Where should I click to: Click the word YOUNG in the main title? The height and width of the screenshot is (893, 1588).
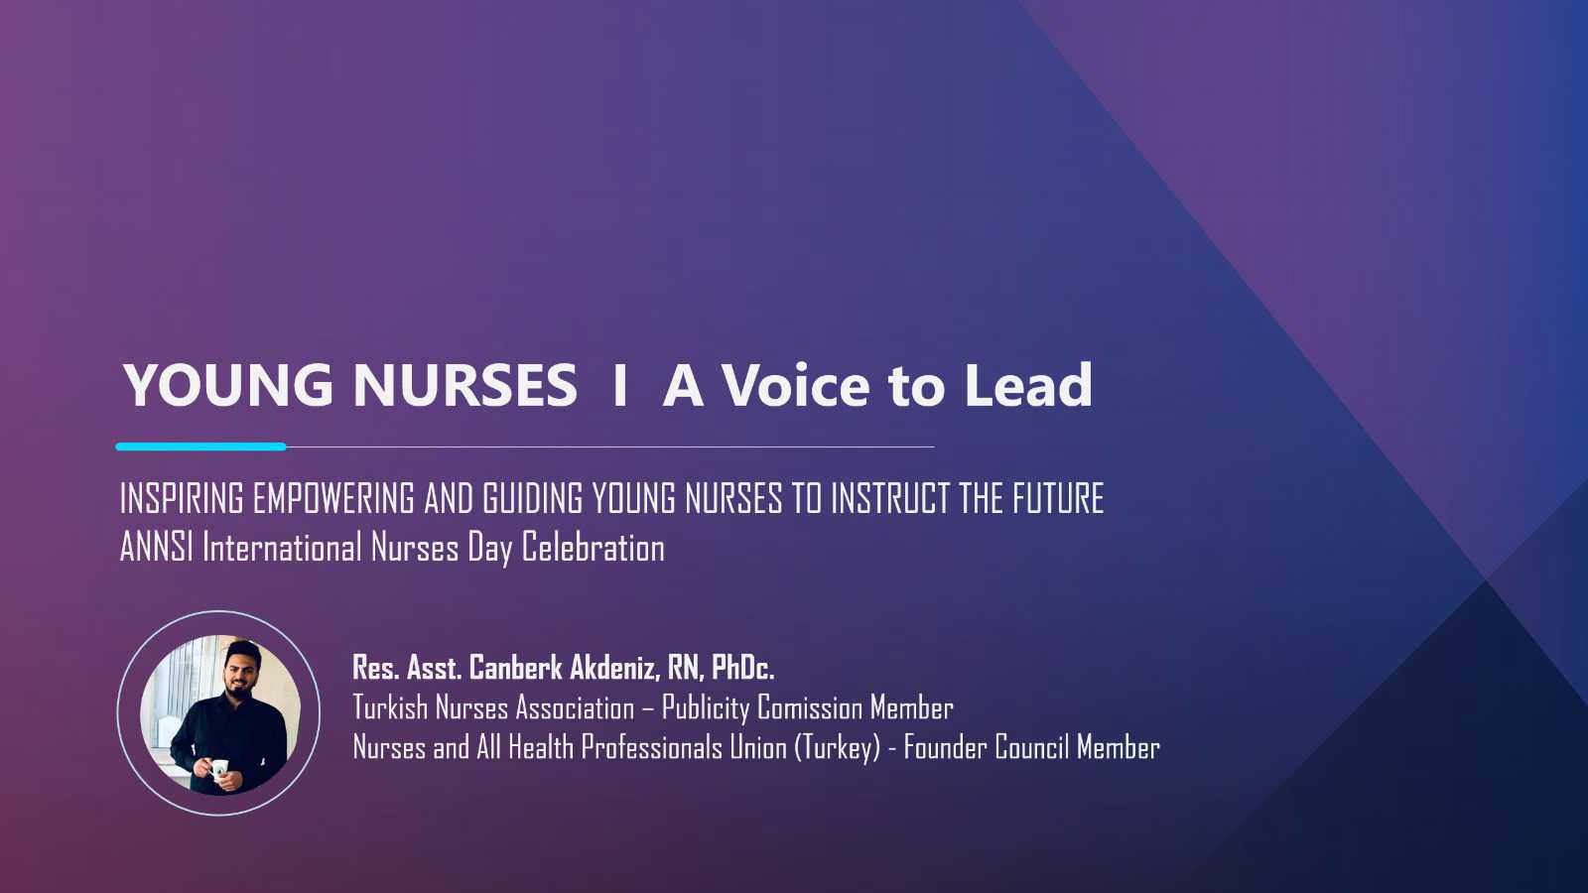coord(228,385)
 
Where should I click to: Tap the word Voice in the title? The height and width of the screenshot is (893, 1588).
coord(795,385)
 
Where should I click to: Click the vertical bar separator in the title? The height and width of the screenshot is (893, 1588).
coord(620,385)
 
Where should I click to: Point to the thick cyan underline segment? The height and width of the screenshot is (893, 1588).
coord(201,446)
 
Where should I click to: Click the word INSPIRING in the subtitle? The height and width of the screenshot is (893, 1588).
coord(183,497)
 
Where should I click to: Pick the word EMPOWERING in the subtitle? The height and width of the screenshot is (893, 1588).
coord(333,497)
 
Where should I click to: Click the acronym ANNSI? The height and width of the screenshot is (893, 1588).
coord(157,547)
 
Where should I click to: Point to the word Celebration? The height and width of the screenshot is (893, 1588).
coord(594,547)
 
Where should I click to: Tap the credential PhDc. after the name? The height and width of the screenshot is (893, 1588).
coord(743,668)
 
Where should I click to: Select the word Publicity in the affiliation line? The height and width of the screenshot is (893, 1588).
coord(705,708)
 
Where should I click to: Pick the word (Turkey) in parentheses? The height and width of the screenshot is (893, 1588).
coord(837,748)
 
